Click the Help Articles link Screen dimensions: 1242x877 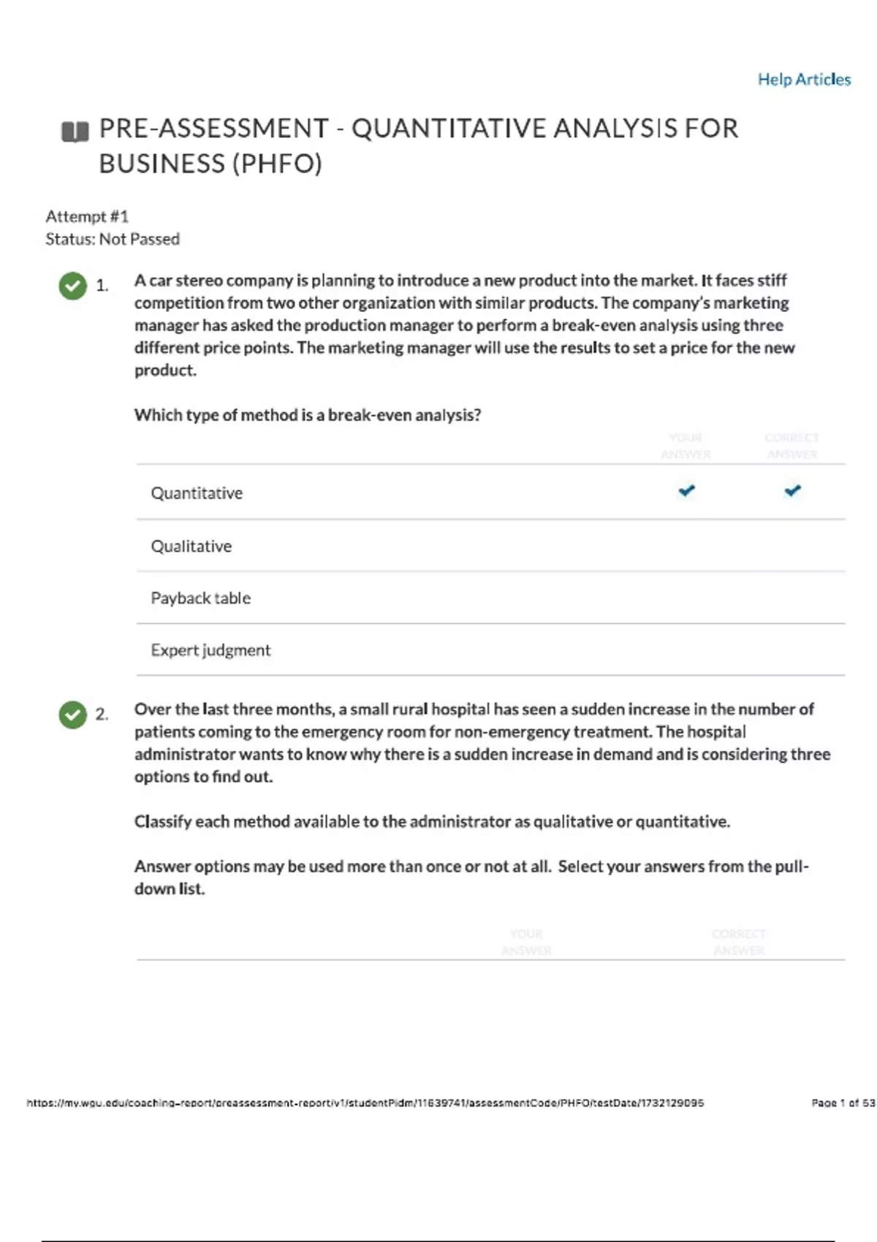[x=804, y=80]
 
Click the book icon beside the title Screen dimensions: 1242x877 [x=75, y=132]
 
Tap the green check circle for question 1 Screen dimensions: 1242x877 [x=72, y=286]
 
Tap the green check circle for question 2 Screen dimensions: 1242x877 [x=72, y=715]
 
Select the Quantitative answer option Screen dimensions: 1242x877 [x=197, y=493]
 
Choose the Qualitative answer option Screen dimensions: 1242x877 [x=191, y=546]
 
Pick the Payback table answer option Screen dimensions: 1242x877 [x=200, y=598]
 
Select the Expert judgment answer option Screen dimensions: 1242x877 [x=210, y=650]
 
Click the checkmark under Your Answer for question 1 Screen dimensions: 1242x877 [x=686, y=490]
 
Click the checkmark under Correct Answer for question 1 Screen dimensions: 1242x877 [x=792, y=490]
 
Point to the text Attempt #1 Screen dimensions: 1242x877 [x=87, y=216]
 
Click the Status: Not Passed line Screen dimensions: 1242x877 [x=113, y=239]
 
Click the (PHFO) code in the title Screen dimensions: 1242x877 [x=277, y=164]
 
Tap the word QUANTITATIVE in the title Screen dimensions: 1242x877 [x=448, y=129]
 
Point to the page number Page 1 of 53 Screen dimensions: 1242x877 [x=843, y=1103]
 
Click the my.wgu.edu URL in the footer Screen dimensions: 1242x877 [x=365, y=1103]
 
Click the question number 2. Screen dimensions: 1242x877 [x=102, y=715]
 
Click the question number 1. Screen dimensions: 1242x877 [x=102, y=286]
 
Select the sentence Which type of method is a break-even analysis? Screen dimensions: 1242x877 [x=308, y=415]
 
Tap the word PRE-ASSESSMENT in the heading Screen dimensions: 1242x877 [x=213, y=129]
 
